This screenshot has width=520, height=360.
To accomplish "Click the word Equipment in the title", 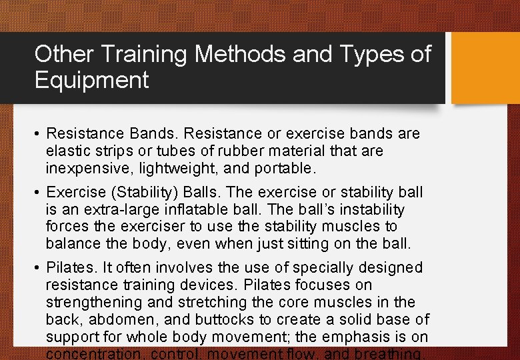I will click(92, 81).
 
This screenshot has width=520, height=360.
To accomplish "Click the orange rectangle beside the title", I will click(485, 68).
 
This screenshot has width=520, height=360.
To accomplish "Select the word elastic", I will click(69, 151).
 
